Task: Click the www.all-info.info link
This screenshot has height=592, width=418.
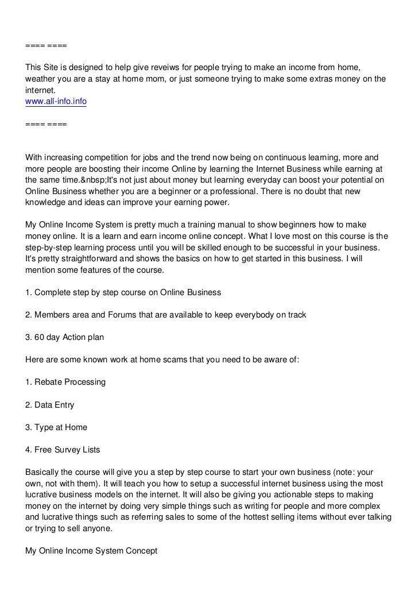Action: tap(56, 101)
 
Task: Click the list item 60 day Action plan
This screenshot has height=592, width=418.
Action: tap(64, 337)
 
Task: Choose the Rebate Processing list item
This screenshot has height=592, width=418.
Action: tap(65, 382)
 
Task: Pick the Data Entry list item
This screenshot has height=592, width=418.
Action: tap(50, 405)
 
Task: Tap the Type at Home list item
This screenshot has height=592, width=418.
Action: tap(56, 427)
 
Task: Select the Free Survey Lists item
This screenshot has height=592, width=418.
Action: tap(67, 450)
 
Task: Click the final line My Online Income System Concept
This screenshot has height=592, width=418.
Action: tap(92, 551)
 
